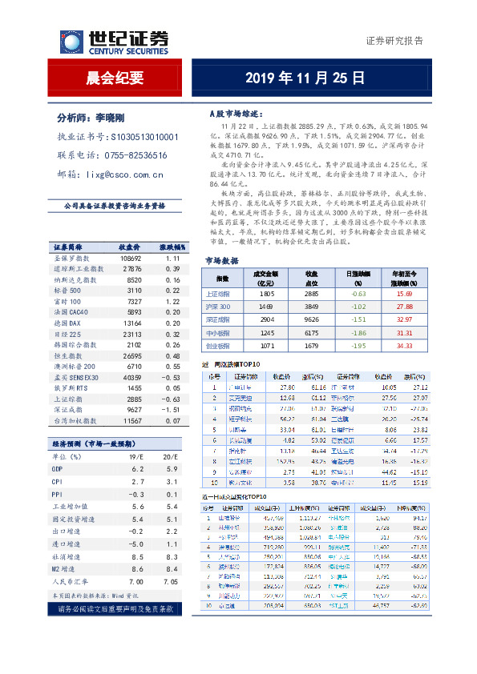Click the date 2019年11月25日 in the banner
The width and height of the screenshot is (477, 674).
coord(304,78)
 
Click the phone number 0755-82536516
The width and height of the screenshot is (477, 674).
coord(134,155)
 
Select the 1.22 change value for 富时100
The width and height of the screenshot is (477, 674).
coord(171,279)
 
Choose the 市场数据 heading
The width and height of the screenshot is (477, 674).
coord(222,261)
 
